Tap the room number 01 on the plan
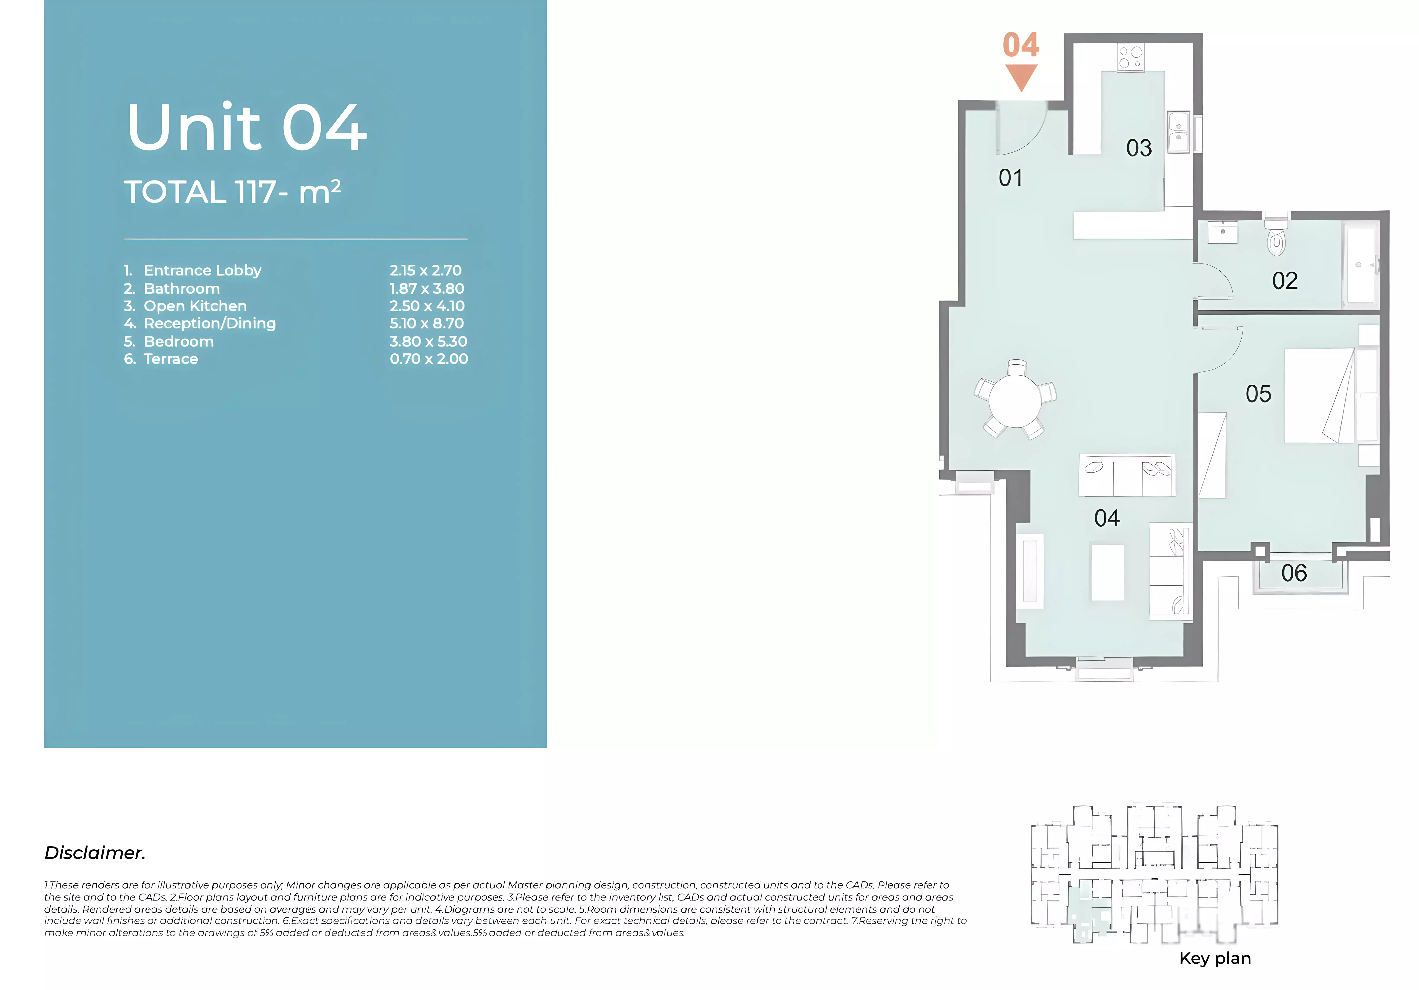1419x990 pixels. point(1011,178)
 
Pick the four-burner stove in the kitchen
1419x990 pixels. point(1130,57)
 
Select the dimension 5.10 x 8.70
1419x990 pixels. point(426,323)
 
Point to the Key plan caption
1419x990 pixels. point(1215,958)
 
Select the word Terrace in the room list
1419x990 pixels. point(171,359)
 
